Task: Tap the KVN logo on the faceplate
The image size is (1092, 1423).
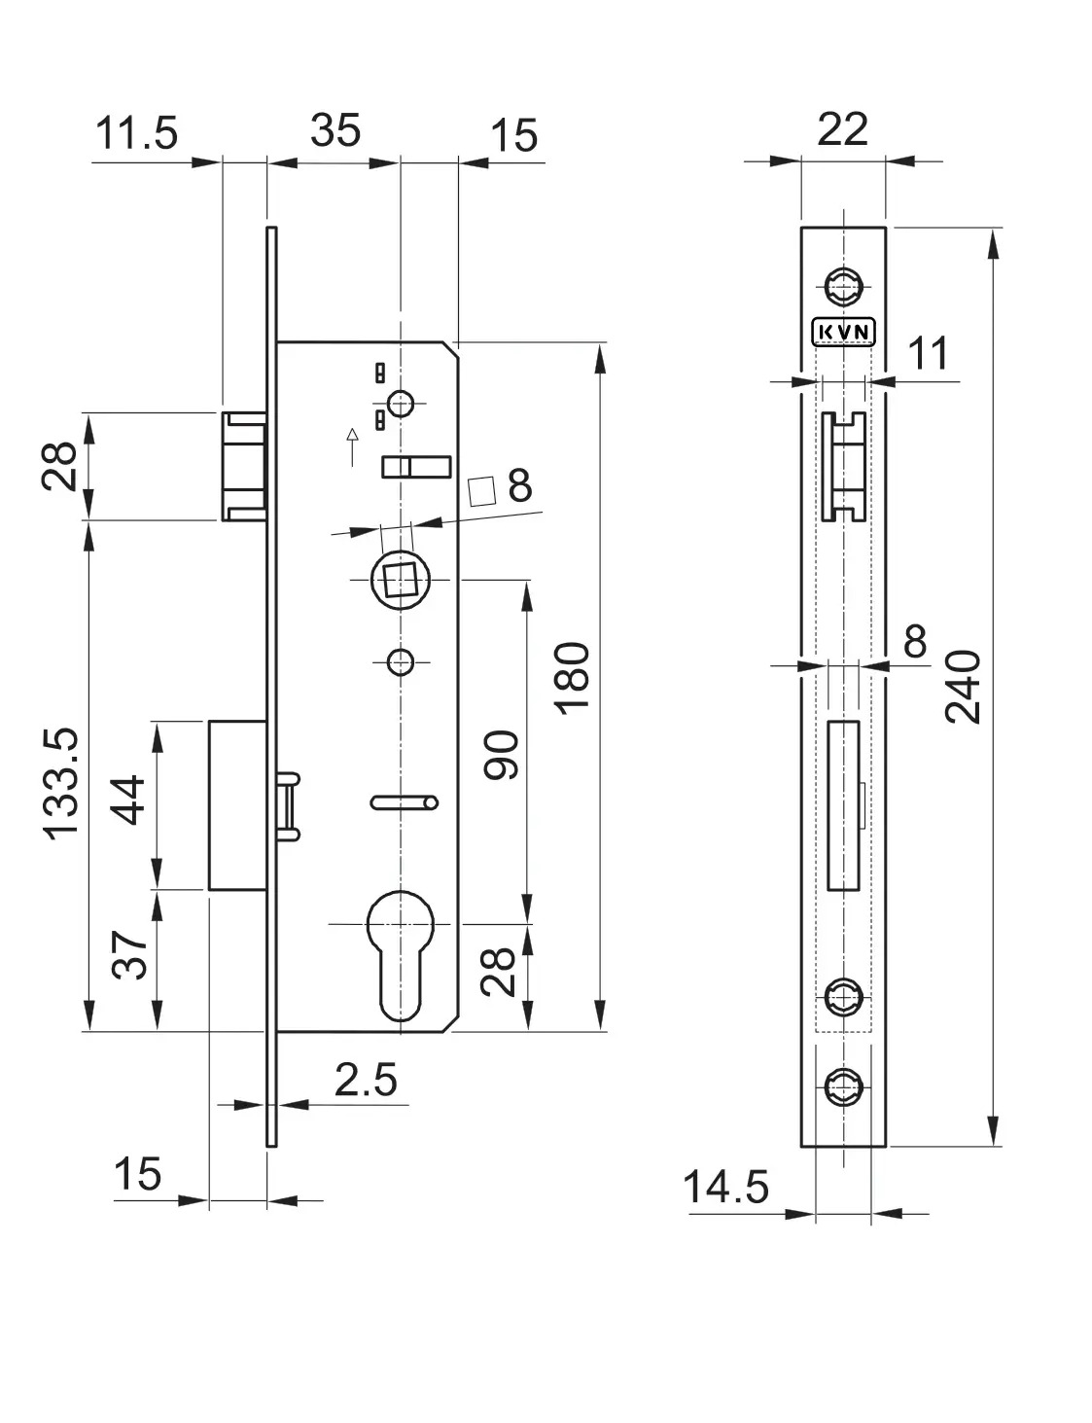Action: (x=842, y=333)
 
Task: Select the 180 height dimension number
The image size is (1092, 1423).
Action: (x=572, y=678)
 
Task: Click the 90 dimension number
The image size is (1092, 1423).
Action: (x=503, y=755)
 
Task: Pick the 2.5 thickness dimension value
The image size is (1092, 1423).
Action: (x=366, y=1080)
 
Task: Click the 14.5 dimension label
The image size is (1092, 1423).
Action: (x=725, y=1187)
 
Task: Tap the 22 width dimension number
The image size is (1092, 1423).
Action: (x=842, y=129)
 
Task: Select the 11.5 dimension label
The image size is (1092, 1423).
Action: (x=137, y=133)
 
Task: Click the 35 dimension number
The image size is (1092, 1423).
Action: (x=335, y=130)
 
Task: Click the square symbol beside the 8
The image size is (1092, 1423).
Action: (x=483, y=490)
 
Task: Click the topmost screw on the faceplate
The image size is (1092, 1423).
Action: (x=842, y=286)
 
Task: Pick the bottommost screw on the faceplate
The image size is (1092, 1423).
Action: (x=842, y=1087)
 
